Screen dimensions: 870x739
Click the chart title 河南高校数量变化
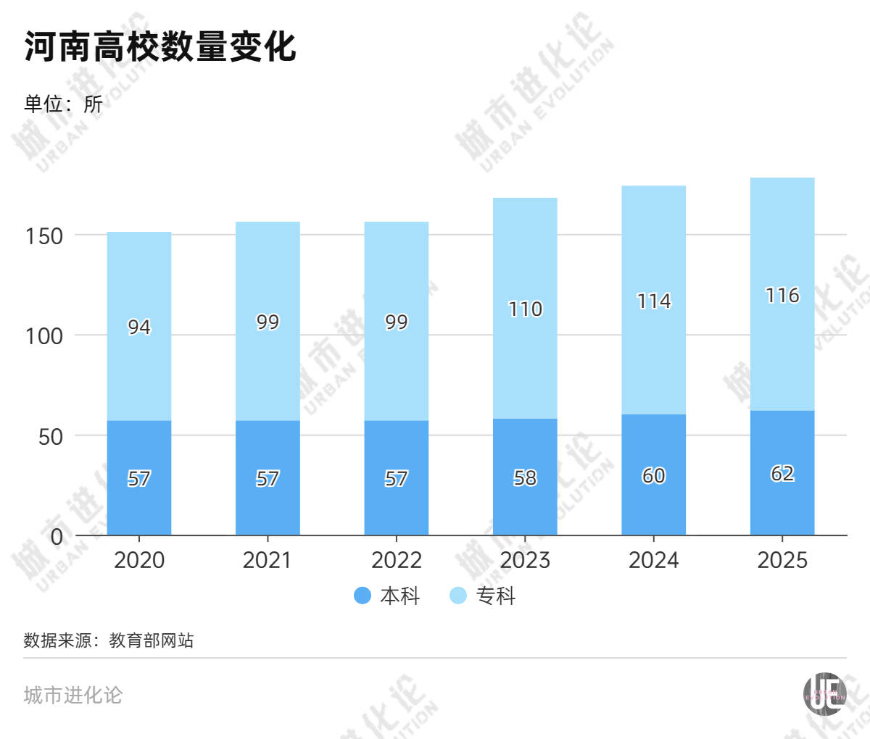(160, 46)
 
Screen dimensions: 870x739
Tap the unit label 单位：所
(63, 104)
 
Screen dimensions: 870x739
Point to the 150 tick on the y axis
(44, 236)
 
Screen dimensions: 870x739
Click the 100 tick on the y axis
(44, 336)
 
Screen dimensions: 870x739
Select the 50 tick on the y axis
(51, 437)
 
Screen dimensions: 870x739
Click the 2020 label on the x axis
(139, 560)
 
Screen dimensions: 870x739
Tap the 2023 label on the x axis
(525, 560)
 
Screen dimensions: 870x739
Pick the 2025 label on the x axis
(782, 560)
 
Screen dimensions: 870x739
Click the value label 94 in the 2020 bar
(139, 327)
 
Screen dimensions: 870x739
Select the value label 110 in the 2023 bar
(526, 309)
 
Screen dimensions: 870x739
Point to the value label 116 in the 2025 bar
(782, 296)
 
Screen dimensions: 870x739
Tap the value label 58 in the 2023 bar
(526, 477)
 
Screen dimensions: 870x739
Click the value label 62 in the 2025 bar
(782, 474)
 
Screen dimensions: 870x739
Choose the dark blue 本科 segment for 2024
(654, 475)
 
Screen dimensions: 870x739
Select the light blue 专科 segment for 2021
(268, 322)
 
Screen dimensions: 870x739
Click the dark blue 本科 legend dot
(362, 595)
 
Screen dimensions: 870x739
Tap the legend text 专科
(495, 596)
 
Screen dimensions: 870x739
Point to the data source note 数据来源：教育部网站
(109, 640)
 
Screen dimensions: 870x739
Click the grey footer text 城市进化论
(72, 695)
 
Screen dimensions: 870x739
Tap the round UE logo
(824, 694)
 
